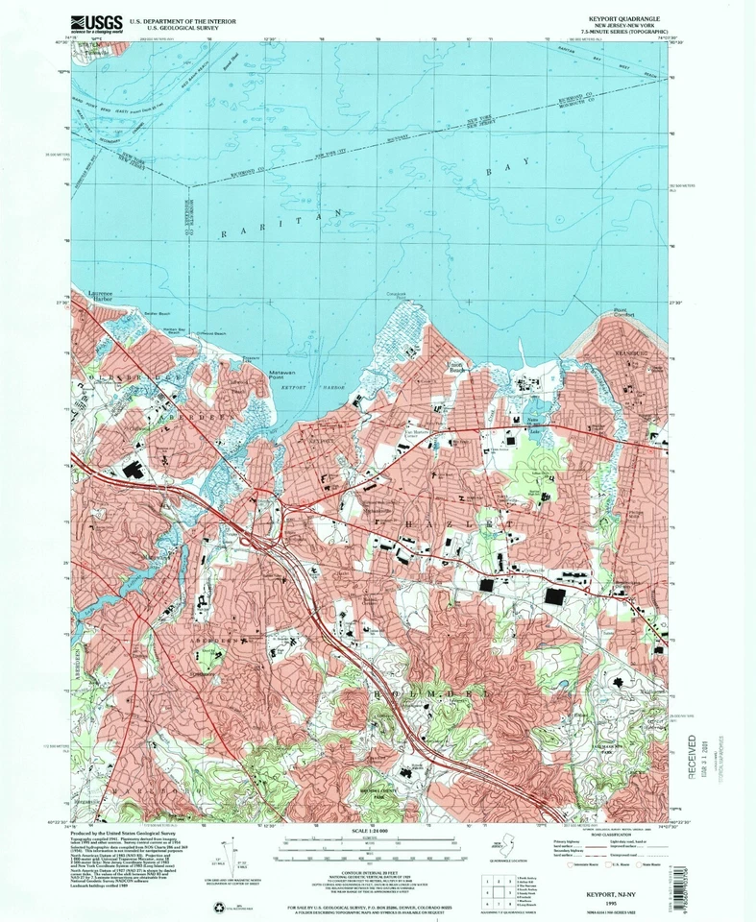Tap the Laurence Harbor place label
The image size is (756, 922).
(100, 295)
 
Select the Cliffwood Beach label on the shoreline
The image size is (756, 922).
(213, 333)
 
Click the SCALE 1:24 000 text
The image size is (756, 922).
(378, 829)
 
